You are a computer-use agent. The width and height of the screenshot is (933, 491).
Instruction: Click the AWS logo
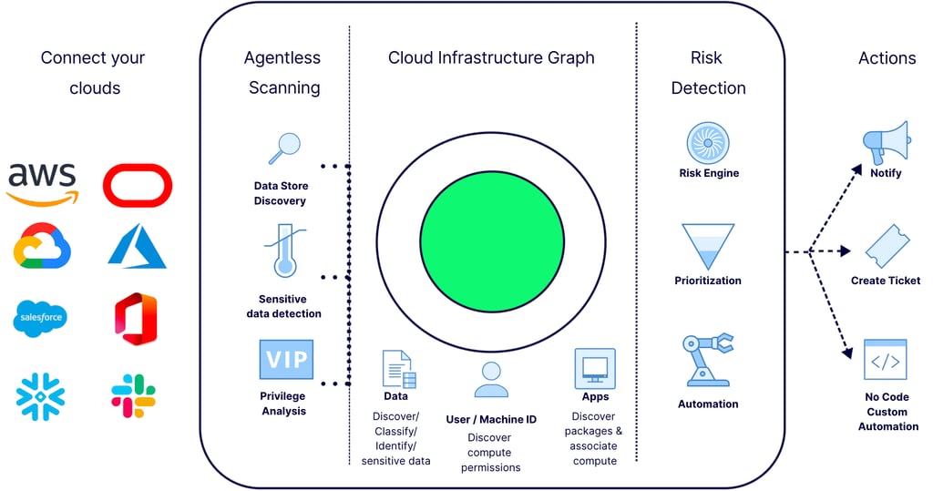pyautogui.click(x=42, y=183)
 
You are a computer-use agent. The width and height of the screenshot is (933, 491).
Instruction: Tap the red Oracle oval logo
pyautogui.click(x=138, y=185)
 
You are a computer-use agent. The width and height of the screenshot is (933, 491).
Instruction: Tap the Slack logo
pyautogui.click(x=134, y=395)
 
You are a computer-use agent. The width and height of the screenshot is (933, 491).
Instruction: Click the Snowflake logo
pyautogui.click(x=41, y=395)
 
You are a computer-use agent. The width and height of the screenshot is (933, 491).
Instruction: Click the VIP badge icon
pyautogui.click(x=285, y=360)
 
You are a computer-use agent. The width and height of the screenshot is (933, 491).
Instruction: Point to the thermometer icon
pyautogui.click(x=286, y=251)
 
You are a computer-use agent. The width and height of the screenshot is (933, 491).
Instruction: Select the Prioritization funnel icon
pyautogui.click(x=708, y=246)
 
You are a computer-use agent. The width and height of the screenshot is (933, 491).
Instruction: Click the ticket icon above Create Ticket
pyautogui.click(x=886, y=246)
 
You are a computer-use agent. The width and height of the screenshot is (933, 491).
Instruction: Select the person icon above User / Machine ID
pyautogui.click(x=491, y=380)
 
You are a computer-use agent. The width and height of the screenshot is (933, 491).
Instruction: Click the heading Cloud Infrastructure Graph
pyautogui.click(x=491, y=57)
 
